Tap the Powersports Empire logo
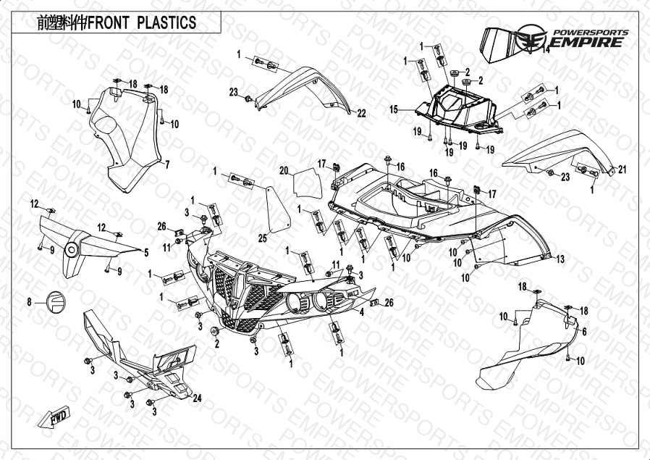click(572, 38)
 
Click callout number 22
click(360, 113)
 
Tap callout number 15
click(394, 110)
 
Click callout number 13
click(560, 259)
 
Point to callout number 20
click(284, 171)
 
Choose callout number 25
click(263, 238)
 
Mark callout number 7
click(166, 164)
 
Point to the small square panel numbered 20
click(306, 181)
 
